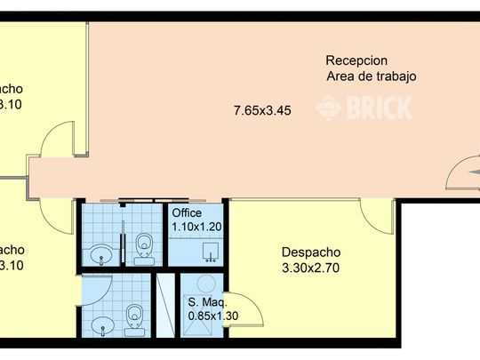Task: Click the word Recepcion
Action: (x=356, y=60)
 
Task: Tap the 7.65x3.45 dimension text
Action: (x=262, y=111)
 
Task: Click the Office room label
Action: (x=187, y=213)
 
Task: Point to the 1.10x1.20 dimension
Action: (x=196, y=227)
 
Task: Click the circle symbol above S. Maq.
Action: (x=207, y=283)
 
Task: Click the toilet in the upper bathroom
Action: (x=143, y=244)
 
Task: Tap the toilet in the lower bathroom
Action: (x=135, y=316)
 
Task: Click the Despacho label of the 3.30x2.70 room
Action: (x=311, y=252)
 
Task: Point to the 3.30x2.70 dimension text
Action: (x=311, y=267)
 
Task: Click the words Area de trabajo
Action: (x=372, y=76)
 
